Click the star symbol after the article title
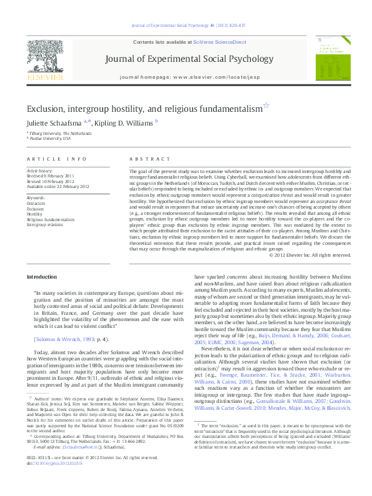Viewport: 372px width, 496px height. click(266, 107)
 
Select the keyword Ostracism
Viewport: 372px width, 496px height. click(36, 204)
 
